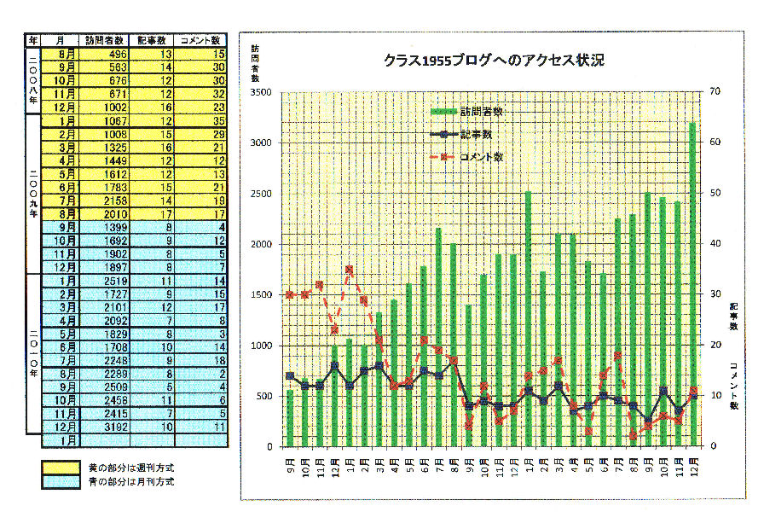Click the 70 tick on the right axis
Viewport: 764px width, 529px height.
coord(715,92)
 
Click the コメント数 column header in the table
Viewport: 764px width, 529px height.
coord(203,40)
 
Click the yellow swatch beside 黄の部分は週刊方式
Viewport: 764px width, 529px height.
coord(61,468)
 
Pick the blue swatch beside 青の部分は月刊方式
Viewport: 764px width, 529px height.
coord(61,482)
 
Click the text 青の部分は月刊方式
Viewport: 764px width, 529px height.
coord(130,482)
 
